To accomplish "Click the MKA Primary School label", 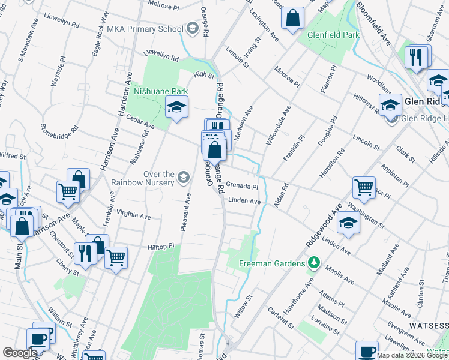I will [145, 28].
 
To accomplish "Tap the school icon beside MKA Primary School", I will [192, 28].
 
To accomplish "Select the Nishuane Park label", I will [160, 91].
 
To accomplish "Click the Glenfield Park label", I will [333, 35].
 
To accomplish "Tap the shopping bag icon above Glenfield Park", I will [293, 19].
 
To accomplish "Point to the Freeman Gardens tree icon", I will [312, 263].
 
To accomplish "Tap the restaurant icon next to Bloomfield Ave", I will [415, 57].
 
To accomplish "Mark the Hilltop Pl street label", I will [160, 246].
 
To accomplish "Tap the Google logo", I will [20, 353].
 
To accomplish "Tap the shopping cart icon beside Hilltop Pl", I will [116, 257].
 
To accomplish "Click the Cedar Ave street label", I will [141, 122].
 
